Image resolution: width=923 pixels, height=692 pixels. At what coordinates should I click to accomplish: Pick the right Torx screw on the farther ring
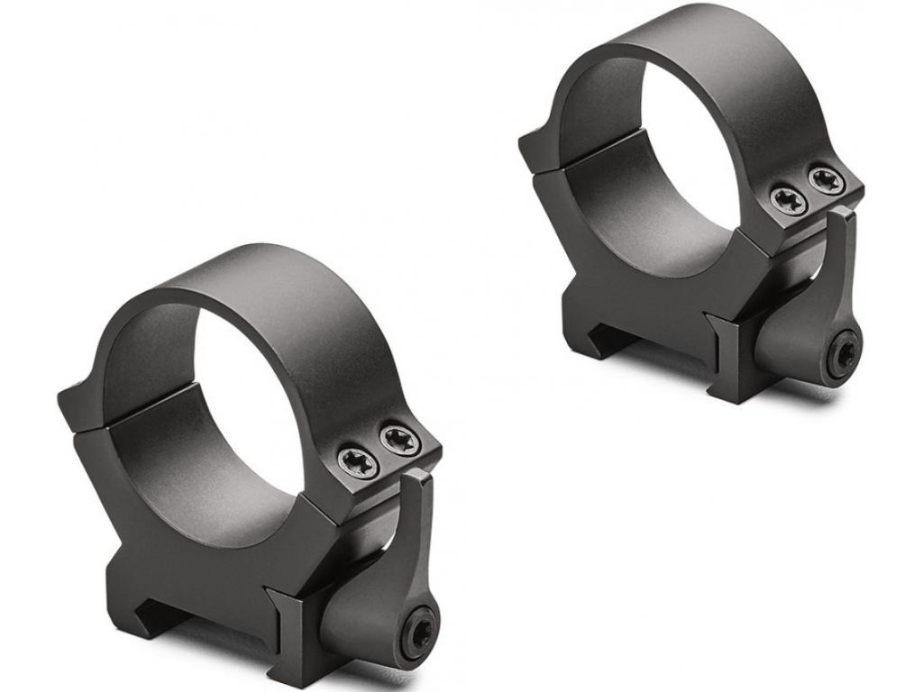826,179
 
